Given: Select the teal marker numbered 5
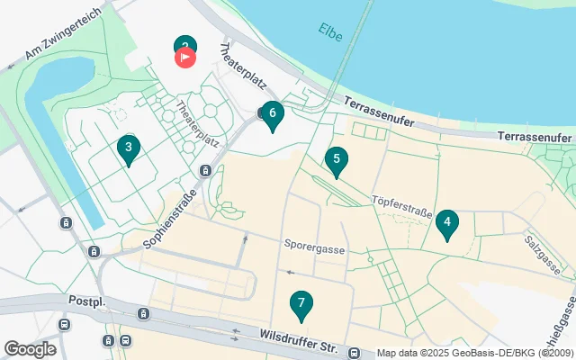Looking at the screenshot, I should click(336, 160).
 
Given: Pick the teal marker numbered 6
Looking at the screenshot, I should click(273, 114).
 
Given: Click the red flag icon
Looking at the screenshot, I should click(184, 58).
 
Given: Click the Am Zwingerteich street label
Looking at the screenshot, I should click(58, 43).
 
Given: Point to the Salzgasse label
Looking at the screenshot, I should click(543, 253).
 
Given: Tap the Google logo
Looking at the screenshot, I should click(30, 349).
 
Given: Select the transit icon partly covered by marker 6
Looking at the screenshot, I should click(262, 113).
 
